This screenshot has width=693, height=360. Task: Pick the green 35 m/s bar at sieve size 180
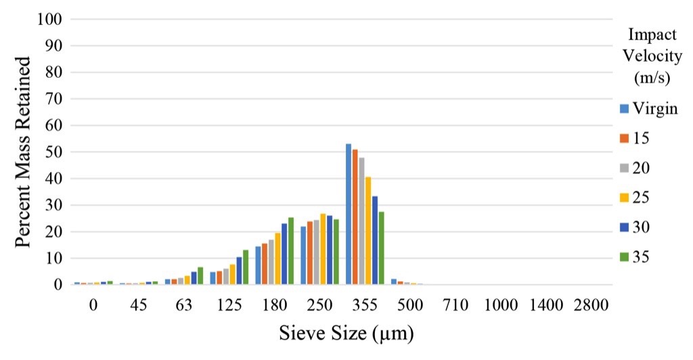(x=290, y=251)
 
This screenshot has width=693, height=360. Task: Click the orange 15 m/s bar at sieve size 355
(x=355, y=217)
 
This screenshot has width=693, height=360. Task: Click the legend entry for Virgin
(x=648, y=108)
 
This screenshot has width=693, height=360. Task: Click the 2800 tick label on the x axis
(x=591, y=305)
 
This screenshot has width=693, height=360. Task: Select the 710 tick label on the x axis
(x=455, y=305)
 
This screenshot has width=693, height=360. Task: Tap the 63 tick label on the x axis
(x=184, y=305)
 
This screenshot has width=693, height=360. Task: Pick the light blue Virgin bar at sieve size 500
(x=394, y=282)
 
